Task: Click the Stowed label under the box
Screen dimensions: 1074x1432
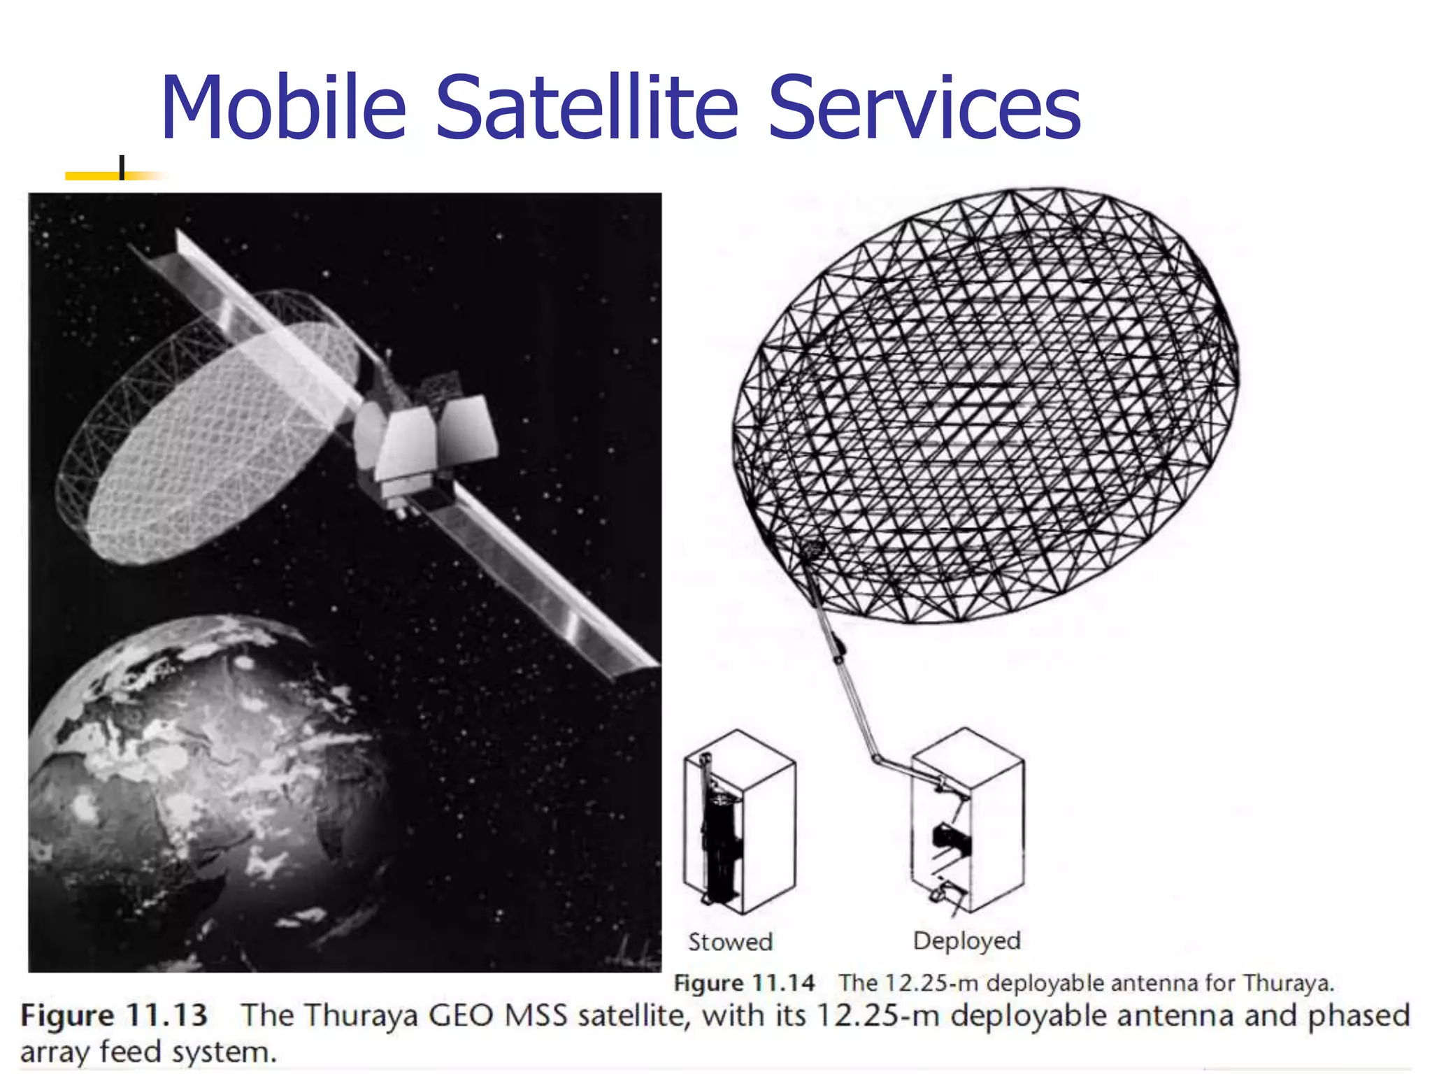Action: (730, 942)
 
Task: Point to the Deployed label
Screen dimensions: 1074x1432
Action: (966, 940)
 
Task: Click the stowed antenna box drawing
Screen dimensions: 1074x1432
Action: (739, 822)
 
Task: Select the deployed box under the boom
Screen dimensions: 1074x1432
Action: (968, 822)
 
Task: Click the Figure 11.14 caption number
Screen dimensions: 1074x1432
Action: (744, 983)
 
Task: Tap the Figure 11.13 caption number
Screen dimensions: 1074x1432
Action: (114, 1015)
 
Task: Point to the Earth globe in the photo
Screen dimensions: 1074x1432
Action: (203, 790)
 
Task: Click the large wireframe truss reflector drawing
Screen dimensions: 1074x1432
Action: (986, 406)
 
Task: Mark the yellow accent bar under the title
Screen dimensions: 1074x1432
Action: (105, 176)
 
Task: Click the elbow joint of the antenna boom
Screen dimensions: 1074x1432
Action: (876, 758)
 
